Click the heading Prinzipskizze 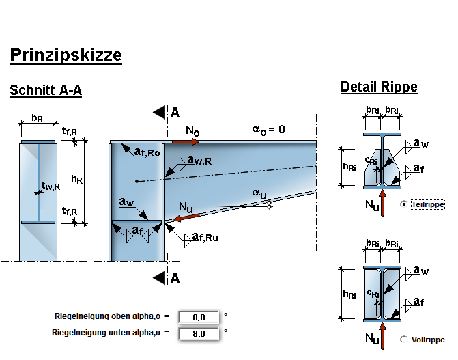point(66,55)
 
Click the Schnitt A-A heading point(46,90)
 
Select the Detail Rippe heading point(379,87)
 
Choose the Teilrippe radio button point(404,204)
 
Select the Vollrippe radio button point(404,340)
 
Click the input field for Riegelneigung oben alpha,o point(199,317)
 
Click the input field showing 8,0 point(199,334)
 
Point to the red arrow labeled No point(186,142)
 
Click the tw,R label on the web point(50,185)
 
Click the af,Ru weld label point(204,238)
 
